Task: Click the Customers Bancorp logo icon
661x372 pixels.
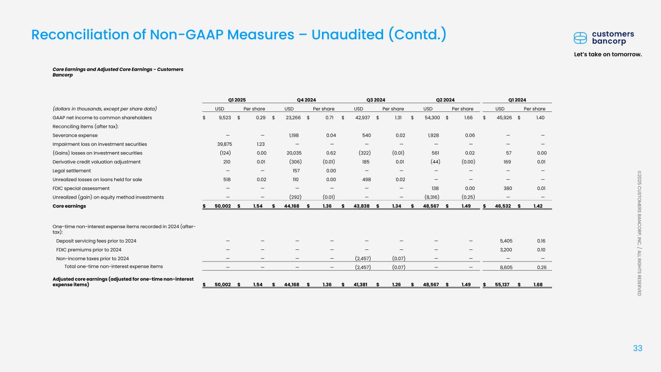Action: pos(580,38)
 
